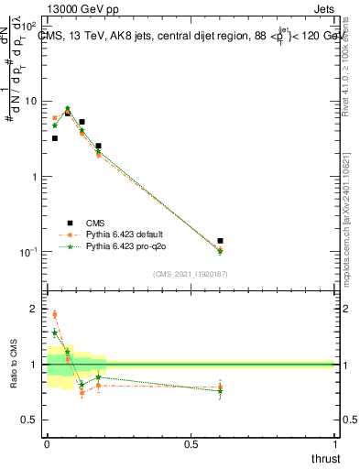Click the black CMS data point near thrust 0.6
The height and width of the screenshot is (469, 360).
220,241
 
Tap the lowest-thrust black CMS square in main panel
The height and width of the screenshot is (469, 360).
55,138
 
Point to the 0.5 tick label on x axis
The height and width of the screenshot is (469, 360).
191,444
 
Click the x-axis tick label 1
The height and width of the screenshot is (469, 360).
336,444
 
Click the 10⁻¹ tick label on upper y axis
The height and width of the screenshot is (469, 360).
28,252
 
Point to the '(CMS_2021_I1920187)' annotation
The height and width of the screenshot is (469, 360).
189,274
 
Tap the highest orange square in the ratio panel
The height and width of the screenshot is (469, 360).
55,314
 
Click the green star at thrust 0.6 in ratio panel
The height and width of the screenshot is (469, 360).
220,391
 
